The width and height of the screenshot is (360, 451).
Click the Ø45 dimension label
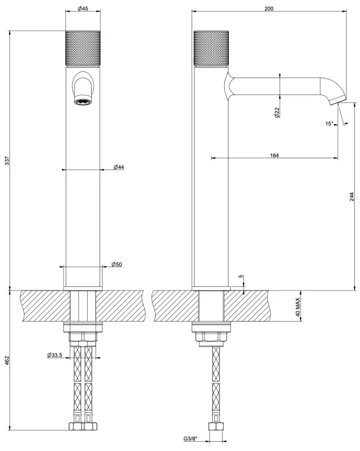coord(83,9)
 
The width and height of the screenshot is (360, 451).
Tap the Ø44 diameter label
coord(119,167)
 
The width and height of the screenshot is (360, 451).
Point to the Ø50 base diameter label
coord(116,264)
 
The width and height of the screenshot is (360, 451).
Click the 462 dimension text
coord(7,360)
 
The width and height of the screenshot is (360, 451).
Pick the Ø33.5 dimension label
coord(55,355)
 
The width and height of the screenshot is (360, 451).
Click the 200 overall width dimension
coord(269,9)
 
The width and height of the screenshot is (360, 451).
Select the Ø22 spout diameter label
coord(277,112)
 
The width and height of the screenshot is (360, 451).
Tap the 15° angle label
coord(329,124)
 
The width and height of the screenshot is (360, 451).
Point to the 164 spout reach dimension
coord(274,155)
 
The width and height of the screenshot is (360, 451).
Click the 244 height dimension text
coord(352,196)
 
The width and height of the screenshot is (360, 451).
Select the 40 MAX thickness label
coord(297,307)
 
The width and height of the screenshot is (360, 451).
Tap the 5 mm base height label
coord(241,277)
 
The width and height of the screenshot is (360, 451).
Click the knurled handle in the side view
coord(211,48)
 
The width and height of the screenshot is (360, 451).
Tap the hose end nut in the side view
coord(217,426)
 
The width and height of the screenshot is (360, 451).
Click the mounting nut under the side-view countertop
coord(211,337)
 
